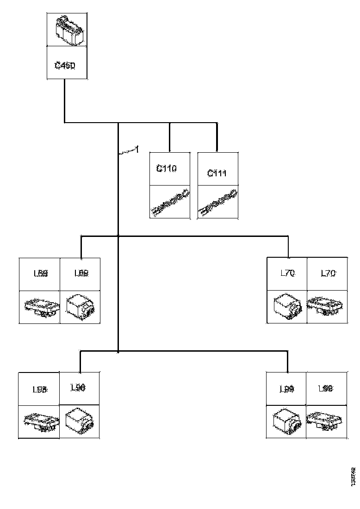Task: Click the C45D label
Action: pos(65,65)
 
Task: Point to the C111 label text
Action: pos(217,173)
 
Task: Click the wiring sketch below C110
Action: pos(170,203)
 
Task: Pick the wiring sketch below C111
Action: pos(217,203)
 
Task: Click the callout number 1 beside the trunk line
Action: pos(136,149)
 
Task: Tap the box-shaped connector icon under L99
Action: pos(286,421)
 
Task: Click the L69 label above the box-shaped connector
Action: pos(81,273)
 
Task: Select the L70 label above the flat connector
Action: pos(328,273)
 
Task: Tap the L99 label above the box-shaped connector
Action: pos(287,389)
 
